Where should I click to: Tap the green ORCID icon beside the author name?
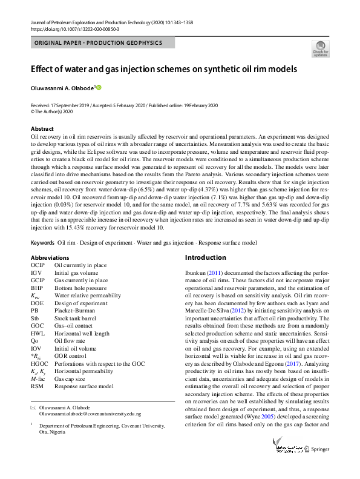(99, 88)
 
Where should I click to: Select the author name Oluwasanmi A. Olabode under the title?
(62, 88)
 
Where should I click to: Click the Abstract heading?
(42, 129)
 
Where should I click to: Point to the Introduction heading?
(206, 257)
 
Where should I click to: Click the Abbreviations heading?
(49, 257)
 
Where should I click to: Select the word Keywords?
(42, 243)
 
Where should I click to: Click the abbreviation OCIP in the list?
(38, 265)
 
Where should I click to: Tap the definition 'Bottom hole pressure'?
(81, 289)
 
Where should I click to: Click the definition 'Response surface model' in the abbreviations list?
(84, 385)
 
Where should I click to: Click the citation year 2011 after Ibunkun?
(217, 274)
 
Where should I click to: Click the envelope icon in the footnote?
(33, 408)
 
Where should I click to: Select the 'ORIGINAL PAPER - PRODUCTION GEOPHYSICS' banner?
(102, 43)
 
